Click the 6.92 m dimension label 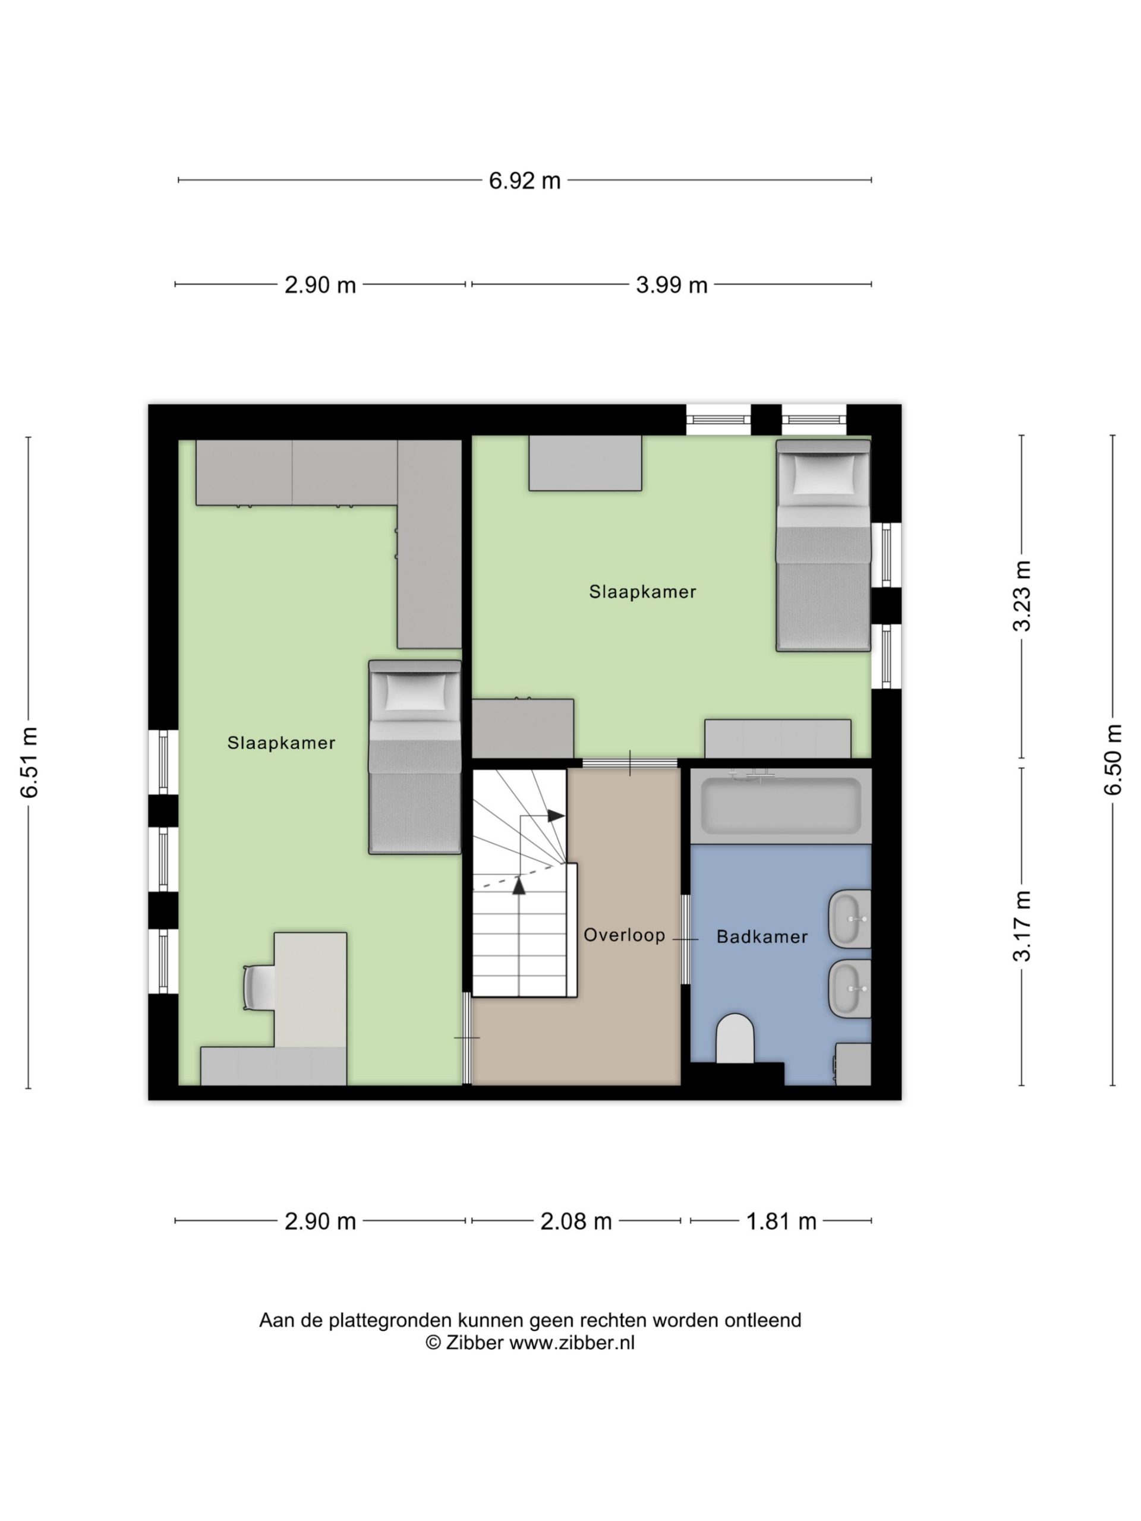tap(525, 181)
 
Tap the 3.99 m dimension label tap(672, 285)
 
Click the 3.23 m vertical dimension tap(1023, 595)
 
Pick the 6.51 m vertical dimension tap(30, 762)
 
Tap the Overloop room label tap(625, 935)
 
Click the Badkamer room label tap(762, 936)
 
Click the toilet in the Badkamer tap(735, 1039)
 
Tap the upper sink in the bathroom tap(850, 919)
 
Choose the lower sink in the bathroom tap(850, 989)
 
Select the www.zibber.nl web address tap(572, 1342)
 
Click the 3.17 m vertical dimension tap(1023, 926)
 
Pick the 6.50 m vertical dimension tap(1114, 759)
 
